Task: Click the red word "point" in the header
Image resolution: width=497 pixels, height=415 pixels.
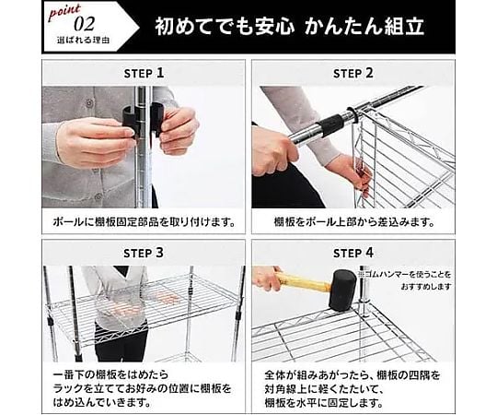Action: coord(64,12)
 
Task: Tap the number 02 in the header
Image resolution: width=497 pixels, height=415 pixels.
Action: coord(85,25)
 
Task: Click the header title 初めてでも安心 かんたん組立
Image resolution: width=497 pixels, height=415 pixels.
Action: coord(289,26)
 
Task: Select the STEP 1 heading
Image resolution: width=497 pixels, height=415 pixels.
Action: coord(144,74)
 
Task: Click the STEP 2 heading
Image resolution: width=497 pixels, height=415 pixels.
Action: coord(353,74)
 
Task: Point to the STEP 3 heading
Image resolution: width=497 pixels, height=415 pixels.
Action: coord(144,253)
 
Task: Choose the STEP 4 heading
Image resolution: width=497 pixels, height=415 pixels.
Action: coord(353,253)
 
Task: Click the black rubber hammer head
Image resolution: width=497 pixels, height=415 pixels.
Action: coord(343,290)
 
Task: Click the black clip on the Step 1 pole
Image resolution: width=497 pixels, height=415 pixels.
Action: coord(144,120)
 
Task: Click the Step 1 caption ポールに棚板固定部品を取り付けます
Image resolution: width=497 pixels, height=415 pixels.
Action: coord(144,221)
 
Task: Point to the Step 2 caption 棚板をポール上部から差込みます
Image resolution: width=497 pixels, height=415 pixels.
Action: coord(353,221)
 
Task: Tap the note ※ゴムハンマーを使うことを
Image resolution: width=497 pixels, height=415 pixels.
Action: coord(404,274)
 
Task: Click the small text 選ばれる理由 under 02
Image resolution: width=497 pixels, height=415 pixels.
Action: coord(84,41)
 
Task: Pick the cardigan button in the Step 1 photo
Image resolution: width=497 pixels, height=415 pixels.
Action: coord(90,103)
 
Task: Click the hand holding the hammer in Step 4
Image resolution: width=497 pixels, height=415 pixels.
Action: coord(267,278)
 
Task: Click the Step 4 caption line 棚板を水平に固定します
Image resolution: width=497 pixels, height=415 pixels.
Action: coord(324,403)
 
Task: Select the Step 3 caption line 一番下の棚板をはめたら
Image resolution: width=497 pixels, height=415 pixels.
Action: coord(110,374)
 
